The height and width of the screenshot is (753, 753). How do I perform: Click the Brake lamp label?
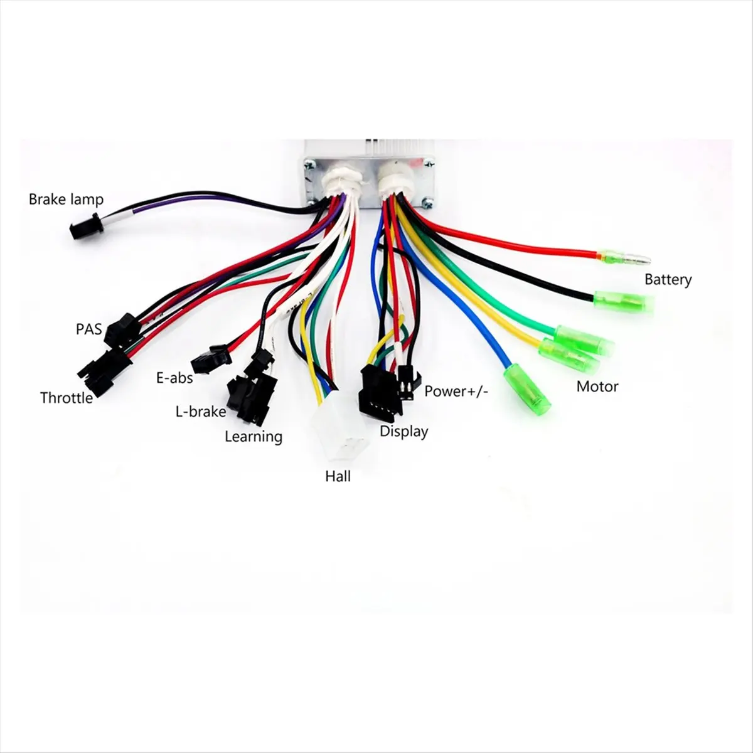(66, 200)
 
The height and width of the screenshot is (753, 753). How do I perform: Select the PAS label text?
(88, 329)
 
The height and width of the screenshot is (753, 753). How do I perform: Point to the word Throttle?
(67, 398)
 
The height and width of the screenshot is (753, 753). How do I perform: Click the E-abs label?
(174, 378)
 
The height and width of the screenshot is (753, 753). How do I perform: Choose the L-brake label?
(201, 412)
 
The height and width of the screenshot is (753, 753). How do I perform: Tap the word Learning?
(254, 437)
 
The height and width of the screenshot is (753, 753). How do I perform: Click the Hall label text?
(338, 476)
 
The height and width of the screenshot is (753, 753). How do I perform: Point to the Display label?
(404, 431)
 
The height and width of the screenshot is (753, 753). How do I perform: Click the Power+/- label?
(456, 391)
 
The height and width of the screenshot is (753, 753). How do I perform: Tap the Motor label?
(597, 387)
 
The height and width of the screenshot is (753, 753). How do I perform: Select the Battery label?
(668, 279)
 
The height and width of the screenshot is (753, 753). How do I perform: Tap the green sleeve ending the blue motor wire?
(527, 392)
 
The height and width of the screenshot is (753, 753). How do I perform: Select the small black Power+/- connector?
(408, 383)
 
